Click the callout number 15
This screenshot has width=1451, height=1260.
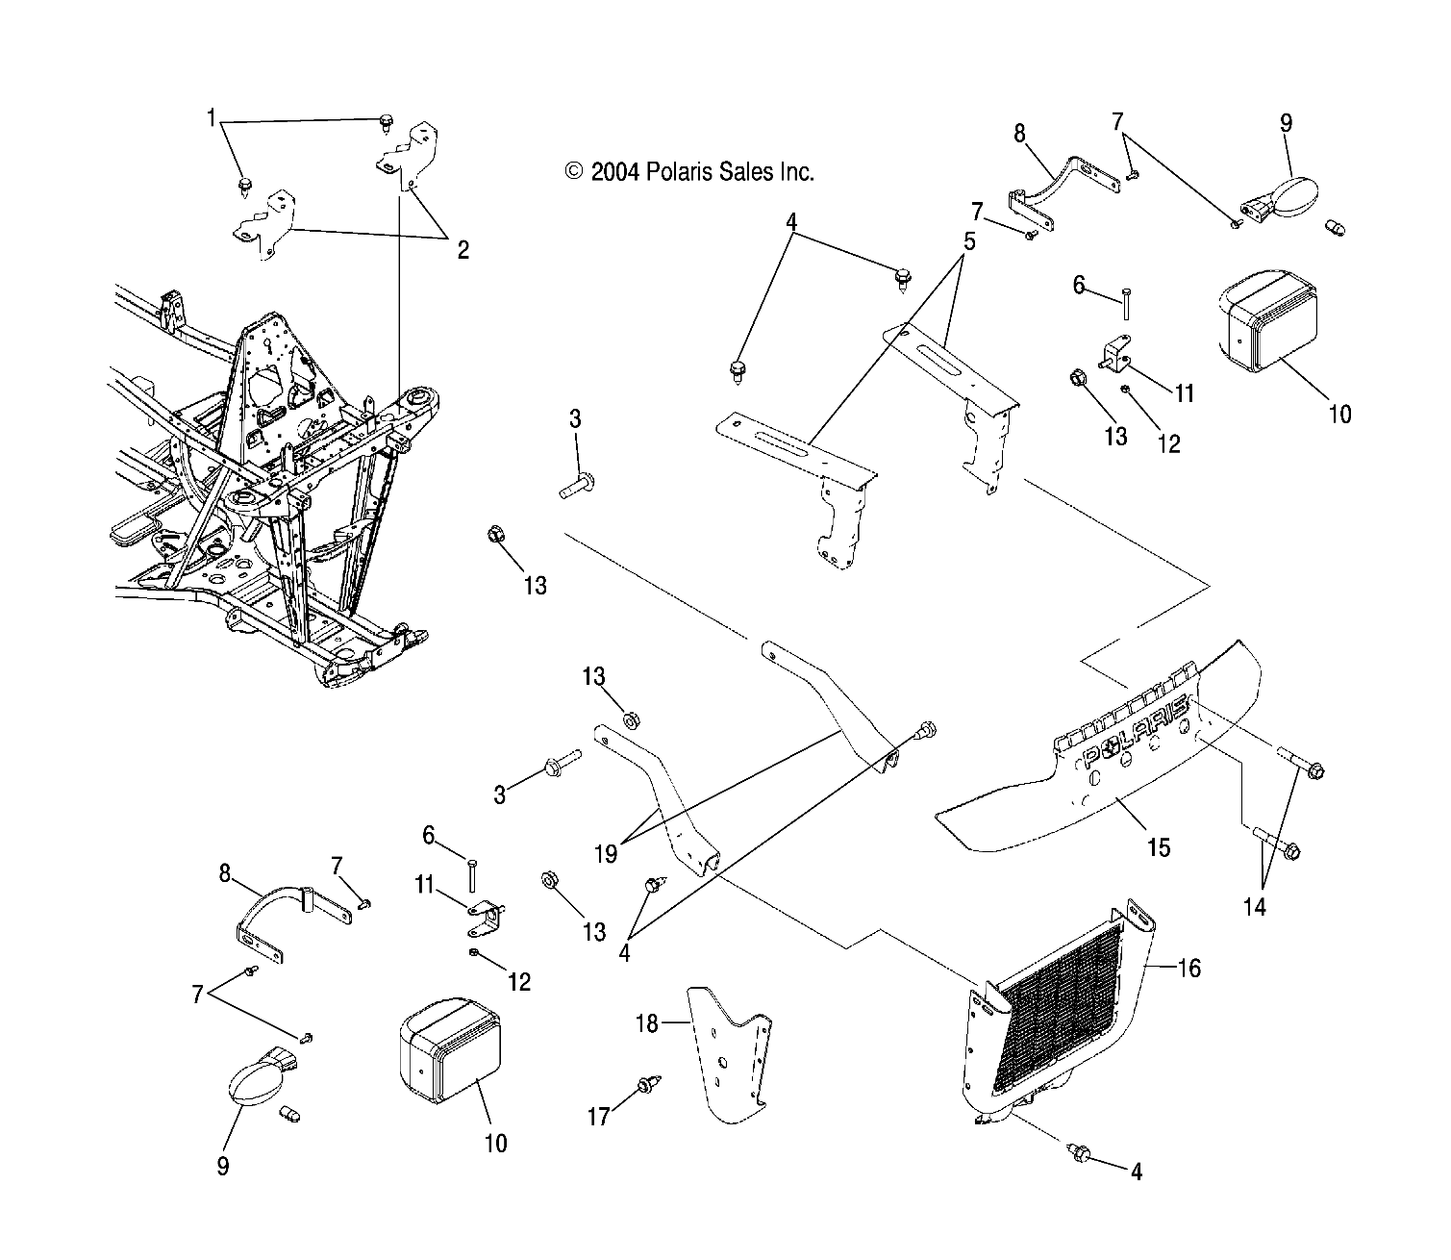(1159, 847)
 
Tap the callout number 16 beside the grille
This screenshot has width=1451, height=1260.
(1189, 969)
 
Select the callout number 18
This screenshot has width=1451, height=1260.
(647, 1024)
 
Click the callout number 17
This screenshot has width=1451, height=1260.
(599, 1117)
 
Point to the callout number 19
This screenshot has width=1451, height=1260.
(606, 853)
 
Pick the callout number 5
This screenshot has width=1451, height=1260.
(968, 241)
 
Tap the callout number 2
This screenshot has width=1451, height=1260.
(463, 251)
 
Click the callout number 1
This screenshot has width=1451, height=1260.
(211, 118)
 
